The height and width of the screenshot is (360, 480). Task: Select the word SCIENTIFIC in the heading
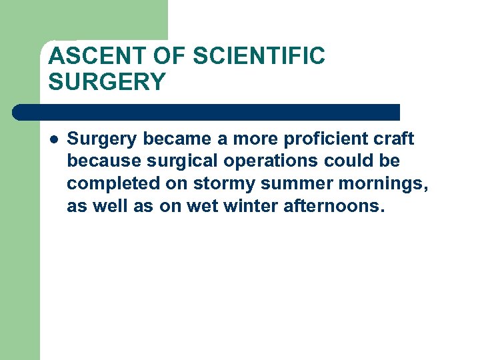259,57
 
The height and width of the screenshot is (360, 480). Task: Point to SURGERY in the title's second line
107,82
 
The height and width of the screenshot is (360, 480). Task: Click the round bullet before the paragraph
53,139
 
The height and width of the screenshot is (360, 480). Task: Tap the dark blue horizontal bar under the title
207,112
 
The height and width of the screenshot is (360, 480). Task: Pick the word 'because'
98,162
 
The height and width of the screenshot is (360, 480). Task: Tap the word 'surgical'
168,162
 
